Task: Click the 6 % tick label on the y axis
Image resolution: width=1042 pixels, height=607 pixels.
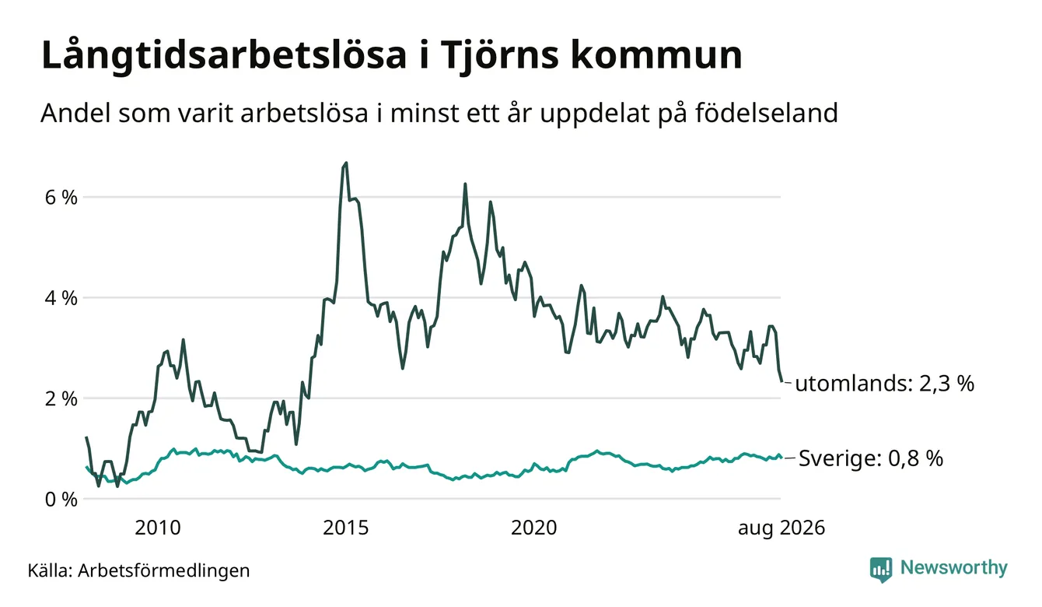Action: point(61,198)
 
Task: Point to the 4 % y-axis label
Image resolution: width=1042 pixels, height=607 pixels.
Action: point(61,298)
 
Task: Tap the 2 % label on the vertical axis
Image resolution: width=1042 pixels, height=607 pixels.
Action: point(61,398)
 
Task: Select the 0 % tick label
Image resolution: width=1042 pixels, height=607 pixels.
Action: point(61,500)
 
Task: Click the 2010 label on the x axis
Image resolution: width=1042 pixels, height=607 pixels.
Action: point(158,528)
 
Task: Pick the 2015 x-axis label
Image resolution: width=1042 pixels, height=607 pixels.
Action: point(345,528)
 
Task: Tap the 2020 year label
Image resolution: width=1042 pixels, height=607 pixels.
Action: point(534,528)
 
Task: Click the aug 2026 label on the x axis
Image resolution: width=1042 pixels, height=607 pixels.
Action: point(781,528)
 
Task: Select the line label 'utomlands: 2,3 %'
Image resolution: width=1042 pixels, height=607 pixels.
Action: point(884,384)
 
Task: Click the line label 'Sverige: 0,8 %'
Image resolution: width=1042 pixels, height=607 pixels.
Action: point(871,458)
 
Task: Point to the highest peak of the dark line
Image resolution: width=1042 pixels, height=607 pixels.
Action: point(345,163)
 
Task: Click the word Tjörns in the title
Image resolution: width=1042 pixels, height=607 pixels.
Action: point(499,56)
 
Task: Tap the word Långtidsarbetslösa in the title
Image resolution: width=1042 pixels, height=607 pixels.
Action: point(224,55)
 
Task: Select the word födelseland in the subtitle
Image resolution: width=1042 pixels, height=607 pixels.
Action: point(767,113)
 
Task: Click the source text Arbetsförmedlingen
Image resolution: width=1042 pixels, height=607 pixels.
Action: point(164,570)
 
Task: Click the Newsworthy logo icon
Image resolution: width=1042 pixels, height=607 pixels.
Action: point(881,570)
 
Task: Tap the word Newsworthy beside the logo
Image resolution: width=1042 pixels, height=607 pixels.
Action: point(954,568)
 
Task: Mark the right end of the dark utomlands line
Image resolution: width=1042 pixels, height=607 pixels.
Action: point(782,381)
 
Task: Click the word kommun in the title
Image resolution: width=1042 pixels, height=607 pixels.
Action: point(656,56)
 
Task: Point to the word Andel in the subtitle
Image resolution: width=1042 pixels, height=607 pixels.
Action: point(75,113)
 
